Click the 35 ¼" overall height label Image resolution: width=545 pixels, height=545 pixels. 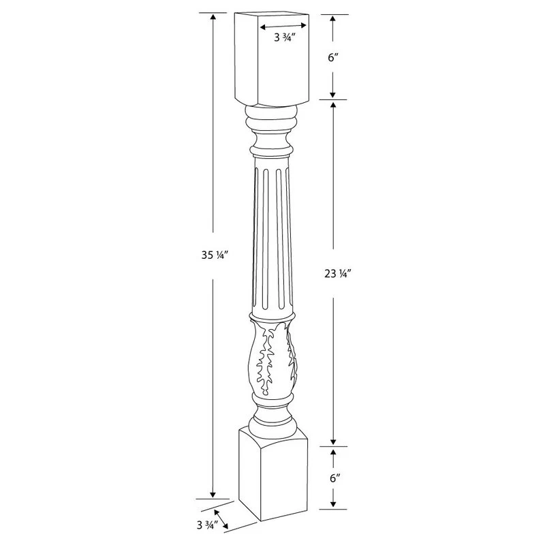tap(215, 255)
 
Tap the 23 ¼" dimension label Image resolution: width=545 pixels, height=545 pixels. tap(336, 274)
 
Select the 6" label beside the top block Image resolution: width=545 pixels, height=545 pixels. tap(333, 57)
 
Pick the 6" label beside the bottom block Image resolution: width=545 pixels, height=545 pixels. tap(334, 479)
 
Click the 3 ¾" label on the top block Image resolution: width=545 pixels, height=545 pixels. tap(285, 37)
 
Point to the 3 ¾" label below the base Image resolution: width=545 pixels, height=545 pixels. tap(208, 525)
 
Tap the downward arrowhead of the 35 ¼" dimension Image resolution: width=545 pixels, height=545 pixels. tap(213, 495)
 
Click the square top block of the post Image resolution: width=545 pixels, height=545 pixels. tap(271, 59)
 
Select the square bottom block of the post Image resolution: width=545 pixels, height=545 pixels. tap(273, 474)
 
